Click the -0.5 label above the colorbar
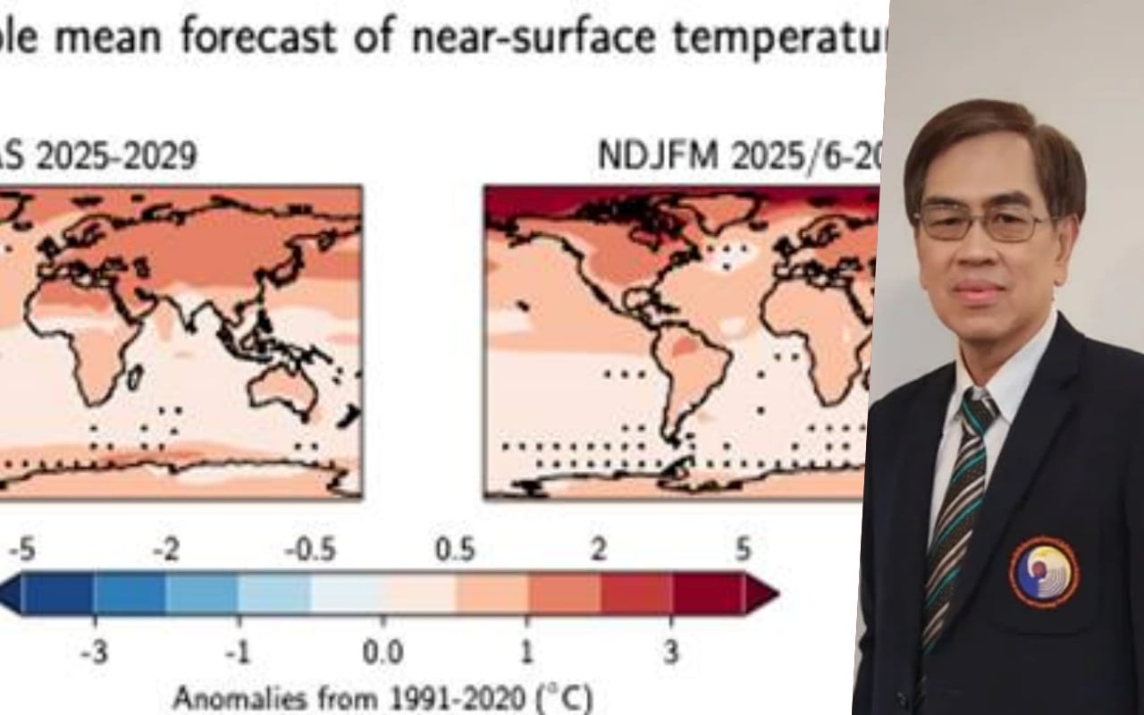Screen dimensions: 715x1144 point(310,551)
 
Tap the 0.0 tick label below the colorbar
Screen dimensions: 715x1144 point(383,652)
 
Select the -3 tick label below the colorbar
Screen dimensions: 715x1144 point(93,652)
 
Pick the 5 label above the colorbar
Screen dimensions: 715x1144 point(743,551)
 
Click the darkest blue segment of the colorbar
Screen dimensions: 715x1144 point(57,593)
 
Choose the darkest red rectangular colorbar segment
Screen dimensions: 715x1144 point(708,593)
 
